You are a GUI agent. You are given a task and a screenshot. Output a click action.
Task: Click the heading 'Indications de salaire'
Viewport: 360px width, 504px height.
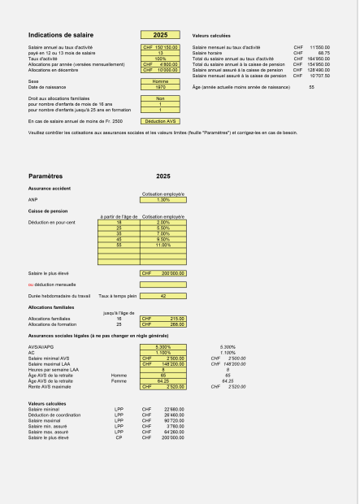tap(59, 36)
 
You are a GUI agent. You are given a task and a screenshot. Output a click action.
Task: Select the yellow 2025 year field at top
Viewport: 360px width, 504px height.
tap(160, 36)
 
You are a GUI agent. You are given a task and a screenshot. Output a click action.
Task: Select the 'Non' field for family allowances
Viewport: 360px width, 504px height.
tap(160, 98)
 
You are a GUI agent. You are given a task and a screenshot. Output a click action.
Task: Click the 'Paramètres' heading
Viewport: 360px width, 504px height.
tap(46, 176)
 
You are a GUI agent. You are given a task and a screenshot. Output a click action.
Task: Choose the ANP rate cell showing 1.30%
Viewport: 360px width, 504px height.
tap(163, 199)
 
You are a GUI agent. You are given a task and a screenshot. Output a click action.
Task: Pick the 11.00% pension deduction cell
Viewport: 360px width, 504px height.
tap(163, 245)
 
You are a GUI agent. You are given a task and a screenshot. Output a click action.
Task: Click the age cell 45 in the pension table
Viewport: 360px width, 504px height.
tap(119, 239)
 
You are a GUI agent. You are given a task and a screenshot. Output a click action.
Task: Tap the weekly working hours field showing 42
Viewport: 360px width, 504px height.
tap(163, 296)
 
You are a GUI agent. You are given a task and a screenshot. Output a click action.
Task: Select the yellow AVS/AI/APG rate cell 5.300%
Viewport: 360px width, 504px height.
tap(163, 347)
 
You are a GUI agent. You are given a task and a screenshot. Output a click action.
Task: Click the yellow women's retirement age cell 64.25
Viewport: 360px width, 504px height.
tap(163, 380)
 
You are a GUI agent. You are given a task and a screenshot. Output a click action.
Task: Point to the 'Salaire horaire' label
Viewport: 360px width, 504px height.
tap(208, 54)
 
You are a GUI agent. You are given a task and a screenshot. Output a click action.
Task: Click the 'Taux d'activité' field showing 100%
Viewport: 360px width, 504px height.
tap(160, 59)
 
